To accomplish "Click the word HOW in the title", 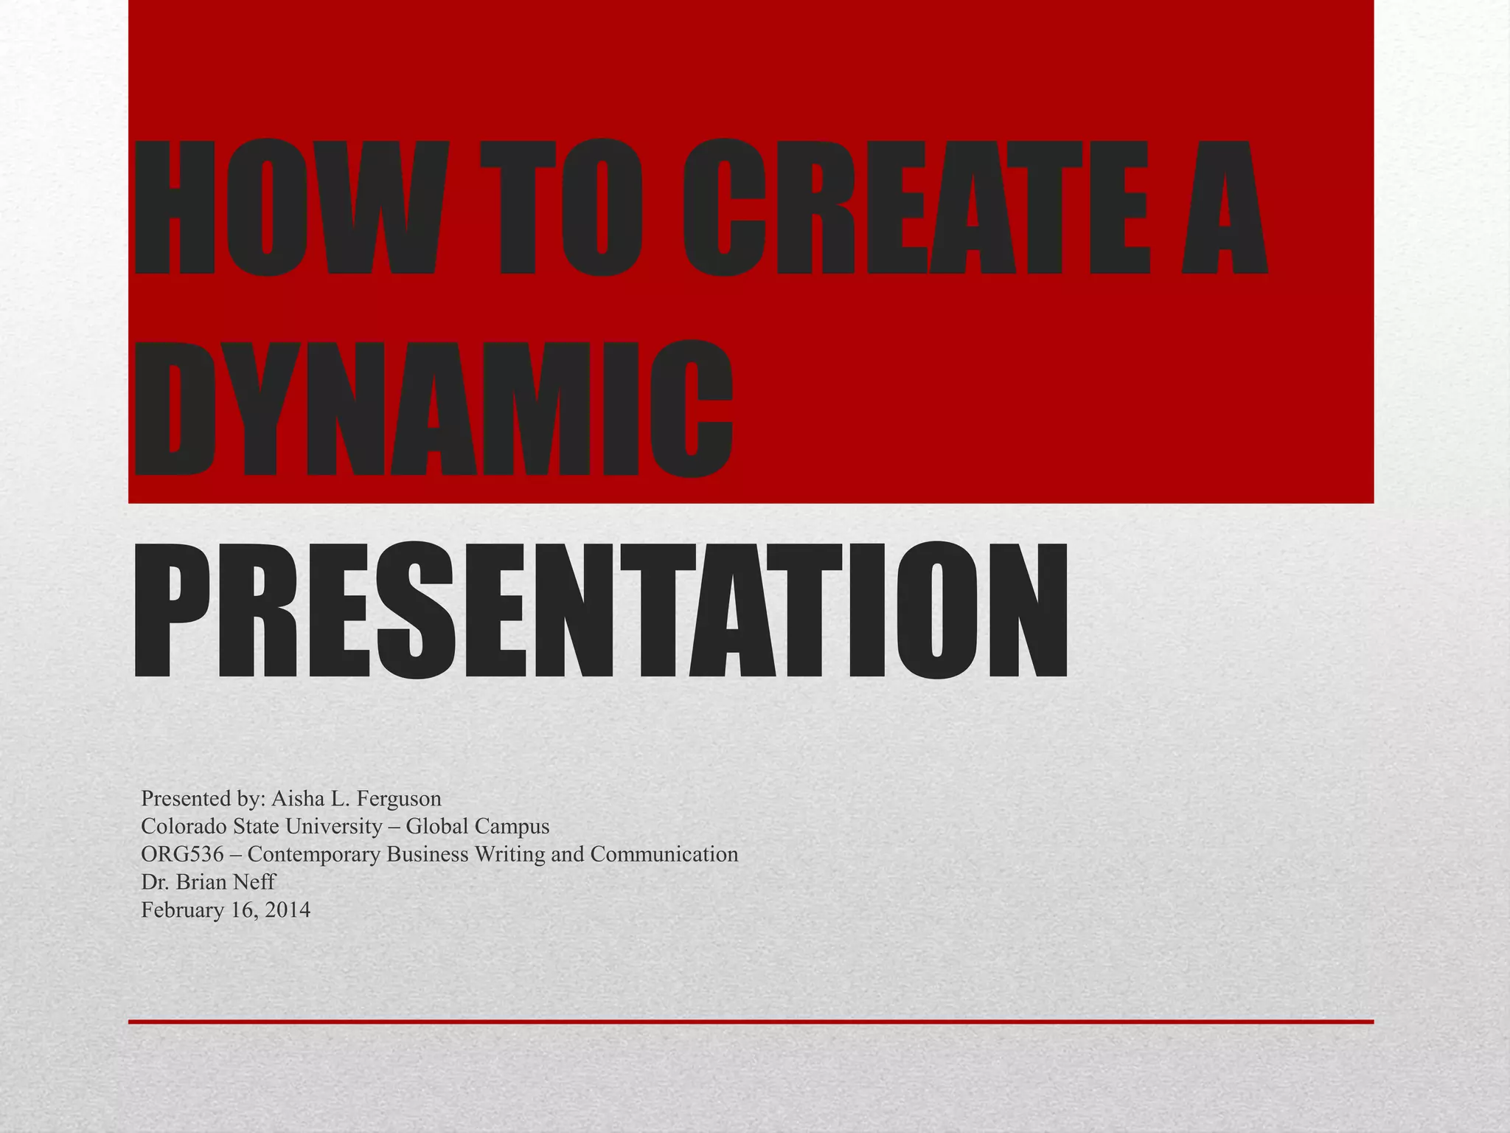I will (291, 209).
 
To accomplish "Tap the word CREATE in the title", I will (914, 209).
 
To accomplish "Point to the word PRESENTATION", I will (599, 611).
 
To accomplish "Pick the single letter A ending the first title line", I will (1223, 209).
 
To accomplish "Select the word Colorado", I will (184, 826).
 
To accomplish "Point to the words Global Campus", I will (477, 826).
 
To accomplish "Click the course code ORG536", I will (182, 854).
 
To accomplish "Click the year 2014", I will (288, 910).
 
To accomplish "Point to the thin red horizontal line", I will (751, 1022).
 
